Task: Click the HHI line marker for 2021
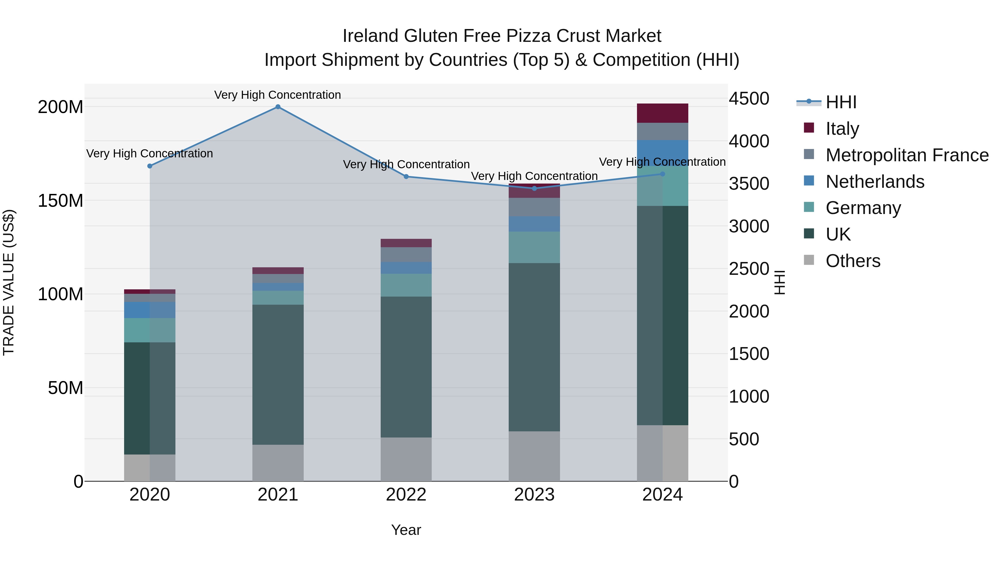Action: (278, 107)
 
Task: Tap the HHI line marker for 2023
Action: (534, 189)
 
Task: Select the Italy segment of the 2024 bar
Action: (663, 113)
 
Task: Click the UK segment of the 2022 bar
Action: (406, 367)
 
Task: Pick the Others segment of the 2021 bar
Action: (278, 463)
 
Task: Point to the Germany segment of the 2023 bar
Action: (534, 247)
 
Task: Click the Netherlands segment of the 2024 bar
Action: (663, 153)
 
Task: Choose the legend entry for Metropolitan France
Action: (907, 155)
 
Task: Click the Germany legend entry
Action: (863, 208)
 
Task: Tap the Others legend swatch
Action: (809, 260)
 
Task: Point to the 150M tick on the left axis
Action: (61, 201)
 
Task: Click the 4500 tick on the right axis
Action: (749, 99)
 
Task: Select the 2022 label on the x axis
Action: (406, 495)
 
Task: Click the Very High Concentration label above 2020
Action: (150, 154)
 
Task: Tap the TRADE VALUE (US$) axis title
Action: (9, 282)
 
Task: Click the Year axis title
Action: (406, 530)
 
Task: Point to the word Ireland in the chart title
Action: (370, 36)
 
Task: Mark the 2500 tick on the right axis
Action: (749, 269)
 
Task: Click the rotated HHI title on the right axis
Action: (779, 282)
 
